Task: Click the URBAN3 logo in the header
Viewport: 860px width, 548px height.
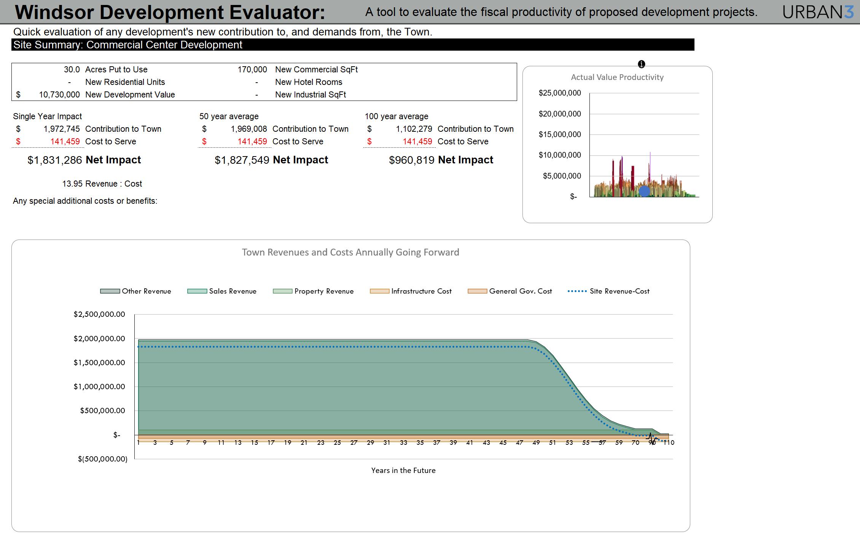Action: pyautogui.click(x=818, y=12)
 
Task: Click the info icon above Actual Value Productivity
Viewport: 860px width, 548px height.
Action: pyautogui.click(x=641, y=64)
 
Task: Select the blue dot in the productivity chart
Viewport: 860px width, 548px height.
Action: pyautogui.click(x=644, y=191)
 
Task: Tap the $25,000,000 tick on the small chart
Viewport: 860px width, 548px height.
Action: pyautogui.click(x=560, y=93)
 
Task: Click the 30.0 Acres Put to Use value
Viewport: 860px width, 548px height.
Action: pyautogui.click(x=72, y=69)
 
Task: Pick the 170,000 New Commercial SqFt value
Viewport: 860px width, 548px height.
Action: pyautogui.click(x=252, y=69)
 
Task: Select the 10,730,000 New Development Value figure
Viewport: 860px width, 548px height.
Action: pyautogui.click(x=59, y=94)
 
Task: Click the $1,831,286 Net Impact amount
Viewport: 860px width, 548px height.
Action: pyautogui.click(x=55, y=160)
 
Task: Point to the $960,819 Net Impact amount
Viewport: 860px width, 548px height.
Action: pyautogui.click(x=411, y=160)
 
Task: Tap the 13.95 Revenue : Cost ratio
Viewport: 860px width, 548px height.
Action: pyautogui.click(x=72, y=184)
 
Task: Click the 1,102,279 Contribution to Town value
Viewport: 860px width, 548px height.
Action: pyautogui.click(x=414, y=129)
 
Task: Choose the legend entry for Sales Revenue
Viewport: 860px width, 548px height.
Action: pyautogui.click(x=222, y=291)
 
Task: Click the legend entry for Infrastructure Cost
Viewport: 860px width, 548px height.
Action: pyautogui.click(x=411, y=291)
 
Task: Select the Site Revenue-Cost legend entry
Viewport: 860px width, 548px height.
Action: pyautogui.click(x=608, y=291)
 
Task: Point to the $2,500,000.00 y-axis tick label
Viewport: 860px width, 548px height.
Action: pyautogui.click(x=99, y=314)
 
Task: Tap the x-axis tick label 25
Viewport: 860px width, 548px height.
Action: pyautogui.click(x=337, y=443)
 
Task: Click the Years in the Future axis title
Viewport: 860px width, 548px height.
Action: pyautogui.click(x=403, y=470)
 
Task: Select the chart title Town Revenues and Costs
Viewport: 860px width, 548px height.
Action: pyautogui.click(x=350, y=252)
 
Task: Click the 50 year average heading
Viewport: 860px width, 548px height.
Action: pyautogui.click(x=229, y=116)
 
